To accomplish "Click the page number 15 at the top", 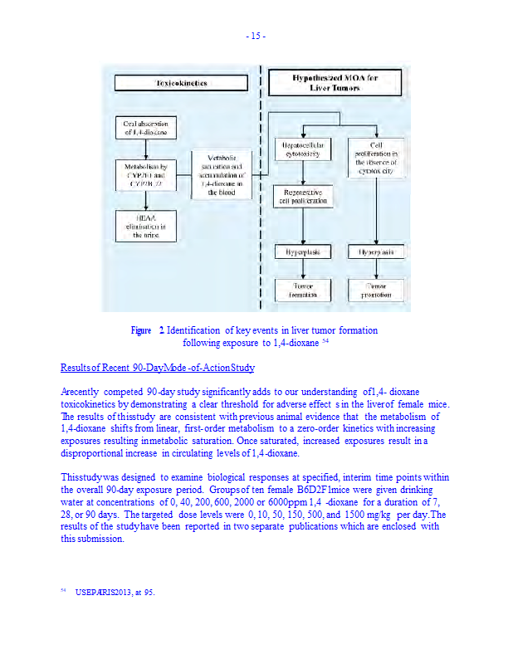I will click(x=256, y=36).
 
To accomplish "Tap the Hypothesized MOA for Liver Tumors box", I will click(x=335, y=82).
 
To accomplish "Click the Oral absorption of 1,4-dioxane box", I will click(x=146, y=128).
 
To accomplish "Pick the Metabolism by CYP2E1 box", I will click(x=146, y=175).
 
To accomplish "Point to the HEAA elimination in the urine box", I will click(x=146, y=225).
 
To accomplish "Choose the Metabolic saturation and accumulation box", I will click(x=222, y=174).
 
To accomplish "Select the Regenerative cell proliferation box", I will click(x=303, y=197).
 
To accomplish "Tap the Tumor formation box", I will click(x=303, y=290).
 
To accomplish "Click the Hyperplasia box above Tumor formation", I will click(x=303, y=251).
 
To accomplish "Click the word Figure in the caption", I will click(x=141, y=330).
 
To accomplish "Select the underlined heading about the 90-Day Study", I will click(x=158, y=368).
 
